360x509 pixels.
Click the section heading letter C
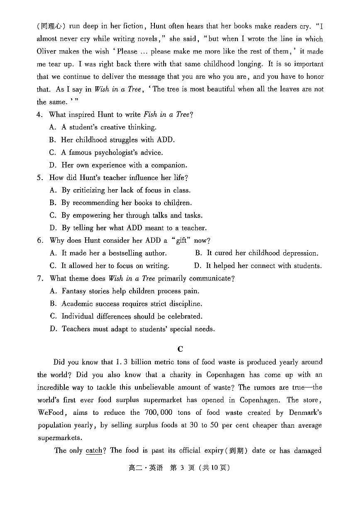pos(180,349)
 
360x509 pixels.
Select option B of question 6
pos(198,253)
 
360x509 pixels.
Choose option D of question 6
pos(198,265)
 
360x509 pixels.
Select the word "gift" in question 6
pos(181,240)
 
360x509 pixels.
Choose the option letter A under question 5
pos(53,190)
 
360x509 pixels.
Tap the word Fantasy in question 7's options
pos(75,291)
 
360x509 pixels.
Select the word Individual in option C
pos(78,316)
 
